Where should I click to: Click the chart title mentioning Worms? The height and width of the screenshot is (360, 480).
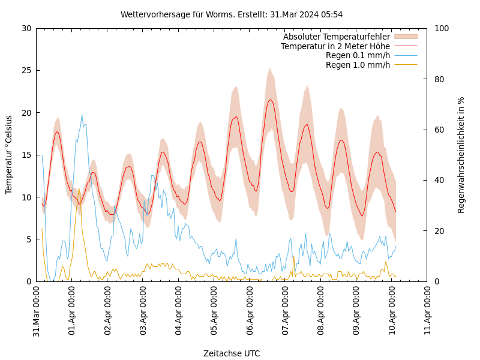232,14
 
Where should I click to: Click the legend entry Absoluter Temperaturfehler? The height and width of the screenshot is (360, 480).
336,37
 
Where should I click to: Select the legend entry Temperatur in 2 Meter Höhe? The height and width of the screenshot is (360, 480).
335,46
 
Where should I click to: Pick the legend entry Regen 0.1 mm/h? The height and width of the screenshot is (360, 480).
358,55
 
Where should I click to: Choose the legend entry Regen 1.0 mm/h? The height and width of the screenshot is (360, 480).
358,64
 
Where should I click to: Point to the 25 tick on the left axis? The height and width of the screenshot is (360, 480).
26,70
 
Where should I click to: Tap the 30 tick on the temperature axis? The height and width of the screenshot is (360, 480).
26,28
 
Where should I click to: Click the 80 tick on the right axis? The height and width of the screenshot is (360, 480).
439,79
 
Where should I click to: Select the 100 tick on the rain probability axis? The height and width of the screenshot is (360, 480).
442,28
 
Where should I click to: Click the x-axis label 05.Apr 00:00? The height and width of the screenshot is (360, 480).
215,312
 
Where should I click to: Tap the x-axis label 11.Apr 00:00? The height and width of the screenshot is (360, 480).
428,312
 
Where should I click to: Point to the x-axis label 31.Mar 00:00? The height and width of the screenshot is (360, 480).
37,312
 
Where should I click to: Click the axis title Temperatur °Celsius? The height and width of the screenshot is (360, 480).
9,155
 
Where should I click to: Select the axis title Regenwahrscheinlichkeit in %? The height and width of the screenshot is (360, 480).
461,155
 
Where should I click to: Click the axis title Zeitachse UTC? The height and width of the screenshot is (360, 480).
232,353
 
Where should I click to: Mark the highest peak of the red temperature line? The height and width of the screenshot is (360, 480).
271,100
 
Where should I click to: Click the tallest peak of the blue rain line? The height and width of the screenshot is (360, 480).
82,115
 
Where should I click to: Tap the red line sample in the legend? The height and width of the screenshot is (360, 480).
405,46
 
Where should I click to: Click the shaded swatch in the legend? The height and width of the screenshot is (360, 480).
405,37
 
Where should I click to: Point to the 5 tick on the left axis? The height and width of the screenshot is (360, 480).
28,239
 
